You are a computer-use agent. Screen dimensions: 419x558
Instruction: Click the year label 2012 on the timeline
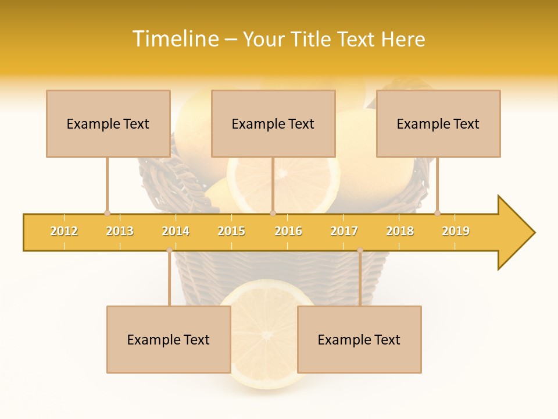coord(64,231)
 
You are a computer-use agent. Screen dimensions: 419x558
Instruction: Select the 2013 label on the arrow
coord(120,231)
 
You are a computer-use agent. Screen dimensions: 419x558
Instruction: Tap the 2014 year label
coord(176,231)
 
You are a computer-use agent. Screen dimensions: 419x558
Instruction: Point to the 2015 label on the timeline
coord(231,231)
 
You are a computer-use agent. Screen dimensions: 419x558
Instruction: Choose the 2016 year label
coord(288,231)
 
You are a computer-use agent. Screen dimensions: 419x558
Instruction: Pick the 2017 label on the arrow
coord(344,231)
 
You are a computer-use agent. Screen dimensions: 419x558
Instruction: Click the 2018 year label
coord(400,231)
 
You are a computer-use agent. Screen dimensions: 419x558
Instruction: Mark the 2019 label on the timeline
coord(456,231)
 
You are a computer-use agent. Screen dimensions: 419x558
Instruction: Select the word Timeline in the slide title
coord(174,39)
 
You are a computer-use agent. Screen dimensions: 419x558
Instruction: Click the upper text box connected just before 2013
coord(108,123)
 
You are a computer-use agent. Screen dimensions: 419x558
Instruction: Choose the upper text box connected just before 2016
coord(273,123)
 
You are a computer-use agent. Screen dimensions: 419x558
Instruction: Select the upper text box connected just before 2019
coord(438,123)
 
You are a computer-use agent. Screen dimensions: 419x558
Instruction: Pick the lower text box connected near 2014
coord(169,339)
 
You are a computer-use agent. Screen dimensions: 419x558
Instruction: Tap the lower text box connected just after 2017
coord(359,339)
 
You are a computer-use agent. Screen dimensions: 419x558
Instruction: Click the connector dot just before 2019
coord(438,213)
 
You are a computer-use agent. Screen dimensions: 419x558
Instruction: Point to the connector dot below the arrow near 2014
coord(169,250)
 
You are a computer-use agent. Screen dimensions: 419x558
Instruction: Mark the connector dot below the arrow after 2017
coord(360,250)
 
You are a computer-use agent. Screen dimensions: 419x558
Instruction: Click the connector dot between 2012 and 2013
coord(107,213)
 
